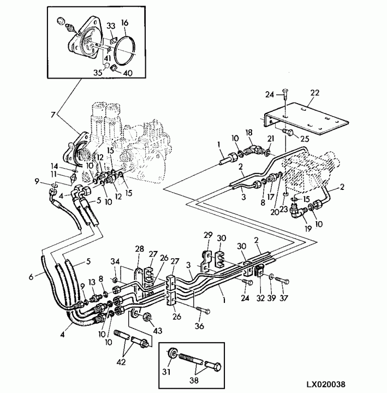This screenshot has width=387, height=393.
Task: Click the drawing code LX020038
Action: click(x=325, y=384)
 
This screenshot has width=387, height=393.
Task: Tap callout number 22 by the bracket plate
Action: click(x=315, y=93)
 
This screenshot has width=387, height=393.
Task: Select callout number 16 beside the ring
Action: click(x=124, y=22)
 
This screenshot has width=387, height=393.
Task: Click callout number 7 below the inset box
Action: click(x=52, y=115)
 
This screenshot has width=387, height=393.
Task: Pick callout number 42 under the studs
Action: click(x=121, y=362)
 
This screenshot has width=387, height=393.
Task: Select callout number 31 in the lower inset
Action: click(x=166, y=372)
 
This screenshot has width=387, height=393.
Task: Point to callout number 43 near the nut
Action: click(x=158, y=331)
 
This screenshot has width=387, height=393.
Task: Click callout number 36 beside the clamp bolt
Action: click(x=200, y=326)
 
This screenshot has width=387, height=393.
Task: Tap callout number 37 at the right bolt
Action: click(x=284, y=298)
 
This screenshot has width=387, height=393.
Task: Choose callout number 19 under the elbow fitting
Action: click(x=308, y=228)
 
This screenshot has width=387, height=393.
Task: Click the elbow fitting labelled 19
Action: click(x=296, y=212)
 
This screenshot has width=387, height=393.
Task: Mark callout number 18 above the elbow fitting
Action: click(x=249, y=132)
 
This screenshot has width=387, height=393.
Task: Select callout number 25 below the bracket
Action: click(x=305, y=139)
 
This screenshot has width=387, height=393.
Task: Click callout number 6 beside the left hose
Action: click(x=31, y=277)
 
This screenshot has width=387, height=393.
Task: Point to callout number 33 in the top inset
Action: click(x=111, y=26)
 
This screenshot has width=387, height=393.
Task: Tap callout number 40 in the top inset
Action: click(x=128, y=73)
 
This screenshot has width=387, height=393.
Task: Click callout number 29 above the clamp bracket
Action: click(x=208, y=235)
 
